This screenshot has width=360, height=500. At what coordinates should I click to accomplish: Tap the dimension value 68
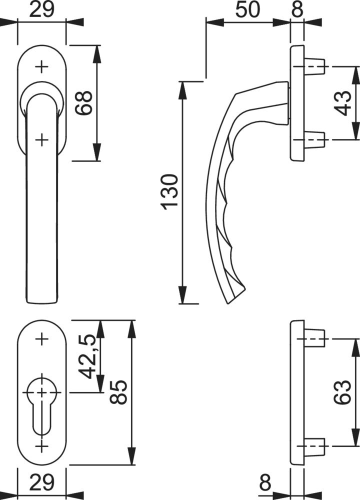tap(84, 103)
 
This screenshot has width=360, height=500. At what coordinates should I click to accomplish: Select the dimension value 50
tap(248, 10)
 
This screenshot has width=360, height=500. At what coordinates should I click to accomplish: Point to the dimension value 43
tap(343, 103)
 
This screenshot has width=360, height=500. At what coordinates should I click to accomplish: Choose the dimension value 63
tap(342, 392)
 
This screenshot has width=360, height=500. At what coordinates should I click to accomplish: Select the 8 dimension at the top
tap(297, 10)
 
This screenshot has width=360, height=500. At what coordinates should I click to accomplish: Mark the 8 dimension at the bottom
tap(265, 483)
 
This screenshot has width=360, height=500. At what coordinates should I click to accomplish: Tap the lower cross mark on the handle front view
tap(41, 139)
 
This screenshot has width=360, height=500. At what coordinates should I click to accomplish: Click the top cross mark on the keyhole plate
tap(41, 339)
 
